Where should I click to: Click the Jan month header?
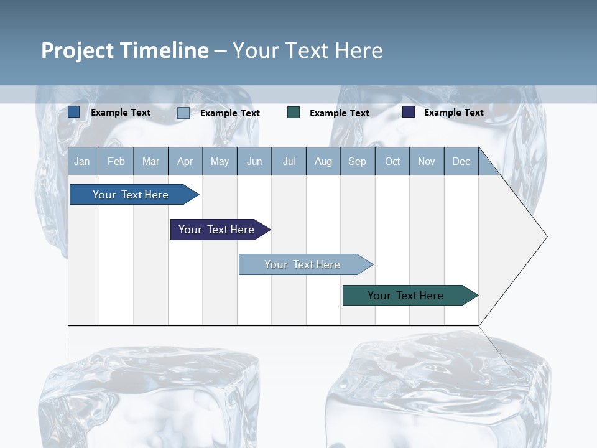click(83, 162)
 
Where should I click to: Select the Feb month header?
click(116, 162)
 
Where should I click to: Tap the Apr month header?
click(185, 162)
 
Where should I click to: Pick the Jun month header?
click(254, 162)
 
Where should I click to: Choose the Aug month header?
click(323, 162)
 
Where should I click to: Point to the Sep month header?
click(358, 162)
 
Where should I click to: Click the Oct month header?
click(392, 162)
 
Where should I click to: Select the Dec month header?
click(461, 162)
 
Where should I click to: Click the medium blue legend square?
click(74, 112)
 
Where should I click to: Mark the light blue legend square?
click(183, 113)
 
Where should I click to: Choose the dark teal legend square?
click(294, 112)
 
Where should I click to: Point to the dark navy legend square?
click(409, 112)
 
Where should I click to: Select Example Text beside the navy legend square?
click(453, 113)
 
